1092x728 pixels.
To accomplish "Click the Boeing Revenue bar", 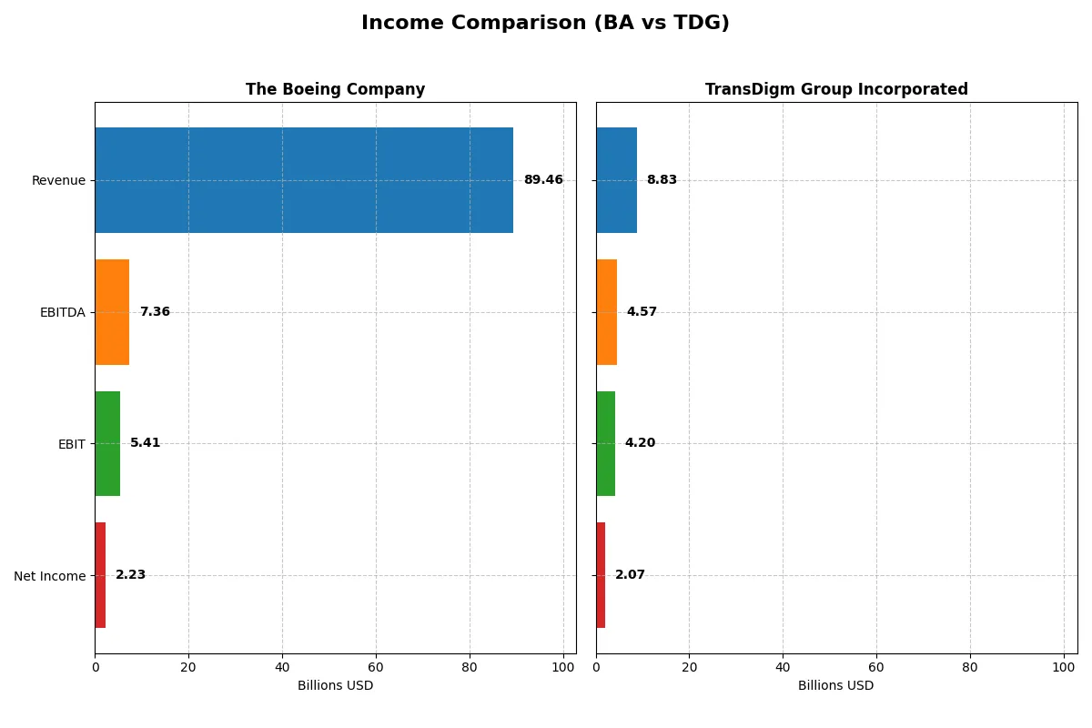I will pyautogui.click(x=304, y=180).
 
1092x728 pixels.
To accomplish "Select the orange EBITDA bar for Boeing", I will pyautogui.click(x=112, y=312).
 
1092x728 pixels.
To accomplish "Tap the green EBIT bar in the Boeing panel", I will pyautogui.click(x=107, y=443).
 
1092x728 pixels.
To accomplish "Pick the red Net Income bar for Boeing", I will pyautogui.click(x=100, y=575).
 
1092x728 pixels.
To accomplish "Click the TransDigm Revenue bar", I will pyautogui.click(x=616, y=180).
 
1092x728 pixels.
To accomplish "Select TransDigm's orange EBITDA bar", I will pyautogui.click(x=606, y=312).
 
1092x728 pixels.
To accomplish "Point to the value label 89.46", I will pyautogui.click(x=543, y=180).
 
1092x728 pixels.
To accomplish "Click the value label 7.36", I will pyautogui.click(x=155, y=312).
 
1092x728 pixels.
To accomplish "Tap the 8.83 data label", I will pyautogui.click(x=662, y=180).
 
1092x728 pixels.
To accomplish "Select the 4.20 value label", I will pyautogui.click(x=640, y=443).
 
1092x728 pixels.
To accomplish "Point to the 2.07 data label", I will pyautogui.click(x=630, y=575).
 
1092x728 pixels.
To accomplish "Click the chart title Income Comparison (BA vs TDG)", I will pyautogui.click(x=545, y=24).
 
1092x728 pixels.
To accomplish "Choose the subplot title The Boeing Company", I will pyautogui.click(x=335, y=90).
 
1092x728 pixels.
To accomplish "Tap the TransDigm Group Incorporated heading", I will pyautogui.click(x=836, y=90).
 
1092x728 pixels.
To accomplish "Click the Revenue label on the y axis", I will pyautogui.click(x=58, y=180).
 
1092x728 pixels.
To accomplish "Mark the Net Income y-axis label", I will pyautogui.click(x=50, y=575).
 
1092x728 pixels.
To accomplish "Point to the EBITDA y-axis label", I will pyautogui.click(x=62, y=312).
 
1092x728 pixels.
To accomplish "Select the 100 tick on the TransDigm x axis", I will pyautogui.click(x=1063, y=667).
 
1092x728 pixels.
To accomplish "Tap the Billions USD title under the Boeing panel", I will pyautogui.click(x=335, y=686).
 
